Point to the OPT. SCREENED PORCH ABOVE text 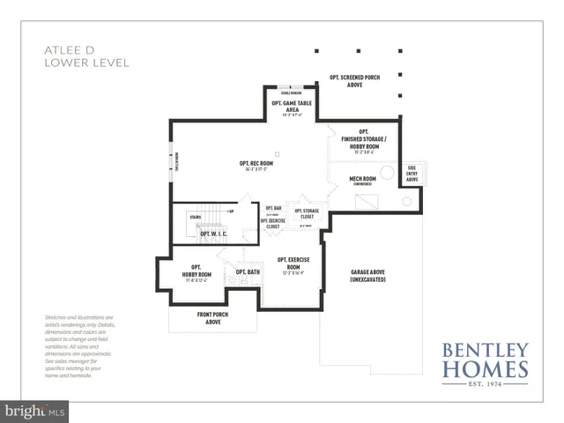(x=356, y=81)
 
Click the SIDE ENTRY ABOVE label (x=412, y=172)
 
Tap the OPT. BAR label (x=273, y=209)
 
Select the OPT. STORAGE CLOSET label (x=308, y=214)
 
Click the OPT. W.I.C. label (x=212, y=234)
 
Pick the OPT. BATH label (x=248, y=272)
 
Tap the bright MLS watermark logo (x=34, y=411)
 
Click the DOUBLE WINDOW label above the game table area (x=292, y=93)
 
